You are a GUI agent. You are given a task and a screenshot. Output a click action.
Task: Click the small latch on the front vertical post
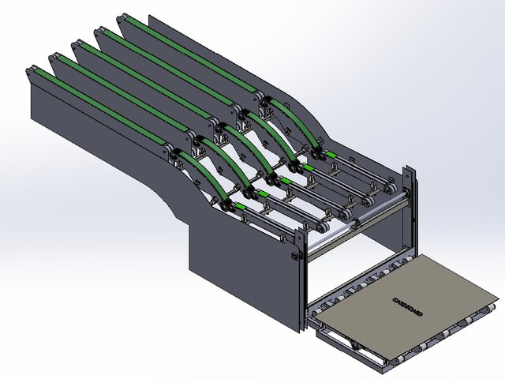(x=295, y=256)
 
